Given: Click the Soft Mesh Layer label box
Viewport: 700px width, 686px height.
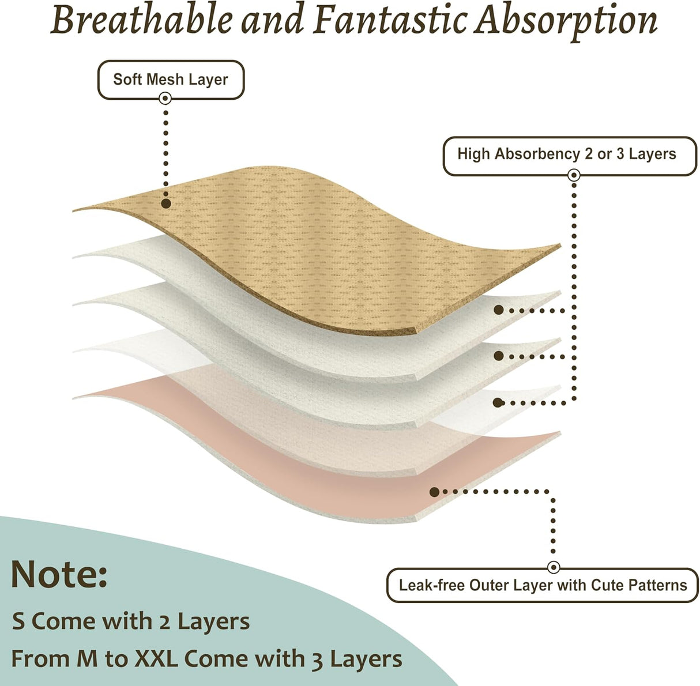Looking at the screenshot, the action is (171, 80).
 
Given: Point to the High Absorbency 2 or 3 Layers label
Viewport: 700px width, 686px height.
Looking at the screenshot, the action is (570, 156).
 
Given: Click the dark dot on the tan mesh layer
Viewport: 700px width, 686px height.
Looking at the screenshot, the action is (166, 203).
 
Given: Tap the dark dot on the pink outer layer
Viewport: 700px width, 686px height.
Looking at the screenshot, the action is (434, 492).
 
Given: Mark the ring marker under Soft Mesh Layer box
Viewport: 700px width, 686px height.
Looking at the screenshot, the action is (165, 98).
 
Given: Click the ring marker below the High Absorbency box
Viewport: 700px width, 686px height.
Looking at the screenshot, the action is (574, 175).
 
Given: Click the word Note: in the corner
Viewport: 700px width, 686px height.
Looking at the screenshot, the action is (59, 574).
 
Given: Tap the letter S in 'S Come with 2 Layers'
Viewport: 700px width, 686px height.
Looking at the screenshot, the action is (19, 621).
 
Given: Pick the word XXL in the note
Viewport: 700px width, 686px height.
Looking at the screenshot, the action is (156, 658).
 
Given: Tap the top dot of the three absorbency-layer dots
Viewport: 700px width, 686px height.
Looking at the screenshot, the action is (499, 310).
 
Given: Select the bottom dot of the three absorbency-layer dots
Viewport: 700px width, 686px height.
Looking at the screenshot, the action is (498, 402).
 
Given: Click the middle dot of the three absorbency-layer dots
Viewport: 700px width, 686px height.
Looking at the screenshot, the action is (499, 356).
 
